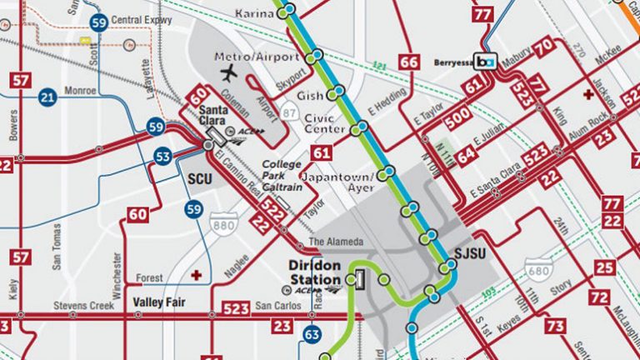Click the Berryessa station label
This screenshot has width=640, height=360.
click(453, 62)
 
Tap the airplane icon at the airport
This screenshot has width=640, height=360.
click(227, 73)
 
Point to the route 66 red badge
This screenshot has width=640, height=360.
click(408, 62)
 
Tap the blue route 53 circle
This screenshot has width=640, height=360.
click(163, 156)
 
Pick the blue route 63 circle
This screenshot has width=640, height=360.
click(311, 335)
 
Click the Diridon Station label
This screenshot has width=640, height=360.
click(314, 272)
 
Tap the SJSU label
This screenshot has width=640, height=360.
click(472, 253)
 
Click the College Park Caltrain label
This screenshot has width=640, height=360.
click(282, 170)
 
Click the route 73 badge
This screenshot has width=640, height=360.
click(555, 326)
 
